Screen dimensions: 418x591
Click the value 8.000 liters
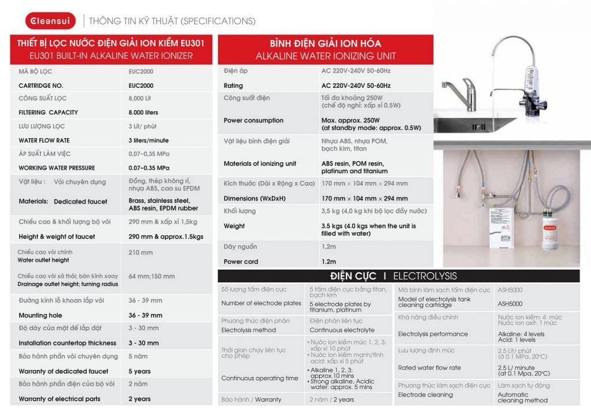point(143,113)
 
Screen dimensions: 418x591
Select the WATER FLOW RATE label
point(44,140)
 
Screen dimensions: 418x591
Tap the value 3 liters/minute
point(148,140)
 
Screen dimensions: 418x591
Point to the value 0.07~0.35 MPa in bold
point(149,168)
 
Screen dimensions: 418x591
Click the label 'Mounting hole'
point(40,315)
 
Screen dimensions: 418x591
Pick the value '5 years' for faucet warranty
point(139,371)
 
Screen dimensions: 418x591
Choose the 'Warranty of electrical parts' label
point(59,399)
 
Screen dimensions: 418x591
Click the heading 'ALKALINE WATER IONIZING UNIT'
point(326,56)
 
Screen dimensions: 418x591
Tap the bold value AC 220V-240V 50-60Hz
point(356,85)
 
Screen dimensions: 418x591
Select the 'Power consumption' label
point(253,121)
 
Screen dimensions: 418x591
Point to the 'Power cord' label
point(241,262)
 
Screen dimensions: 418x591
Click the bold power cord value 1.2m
point(328,262)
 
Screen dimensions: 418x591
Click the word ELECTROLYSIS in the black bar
point(425,276)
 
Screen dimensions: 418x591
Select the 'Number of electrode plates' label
point(261,303)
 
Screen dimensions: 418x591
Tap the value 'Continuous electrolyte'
point(342,330)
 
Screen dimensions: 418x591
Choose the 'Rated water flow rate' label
point(429,368)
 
